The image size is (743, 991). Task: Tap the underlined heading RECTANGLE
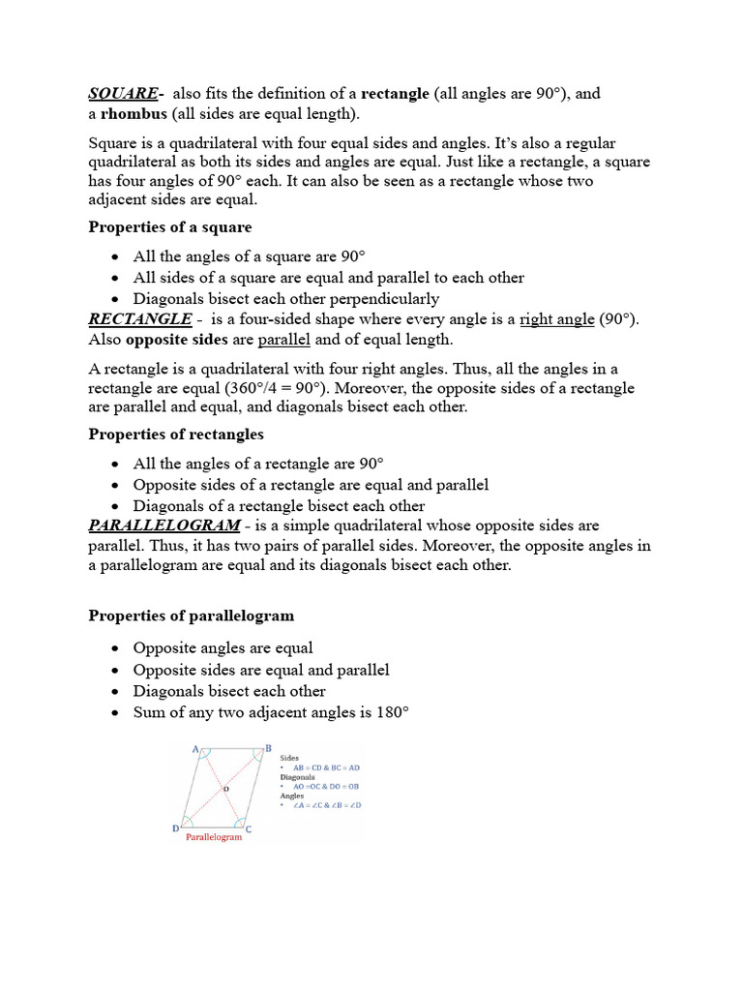[x=140, y=319]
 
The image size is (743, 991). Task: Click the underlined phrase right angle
[x=557, y=319]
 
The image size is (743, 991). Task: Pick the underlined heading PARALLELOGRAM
[x=164, y=525]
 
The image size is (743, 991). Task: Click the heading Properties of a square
[x=170, y=226]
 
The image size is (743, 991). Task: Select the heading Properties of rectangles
[x=176, y=435]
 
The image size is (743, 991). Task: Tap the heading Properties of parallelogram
[x=192, y=616]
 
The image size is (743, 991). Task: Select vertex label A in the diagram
[x=196, y=749]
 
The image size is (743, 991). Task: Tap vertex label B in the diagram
[x=268, y=748]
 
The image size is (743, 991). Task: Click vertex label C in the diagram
[x=249, y=828]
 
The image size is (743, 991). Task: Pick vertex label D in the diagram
[x=175, y=828]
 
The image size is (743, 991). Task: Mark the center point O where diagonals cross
[x=224, y=790]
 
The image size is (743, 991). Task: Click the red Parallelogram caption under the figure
[x=213, y=838]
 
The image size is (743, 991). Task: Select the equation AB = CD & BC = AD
[x=325, y=767]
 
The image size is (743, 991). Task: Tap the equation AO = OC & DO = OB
[x=326, y=787]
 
